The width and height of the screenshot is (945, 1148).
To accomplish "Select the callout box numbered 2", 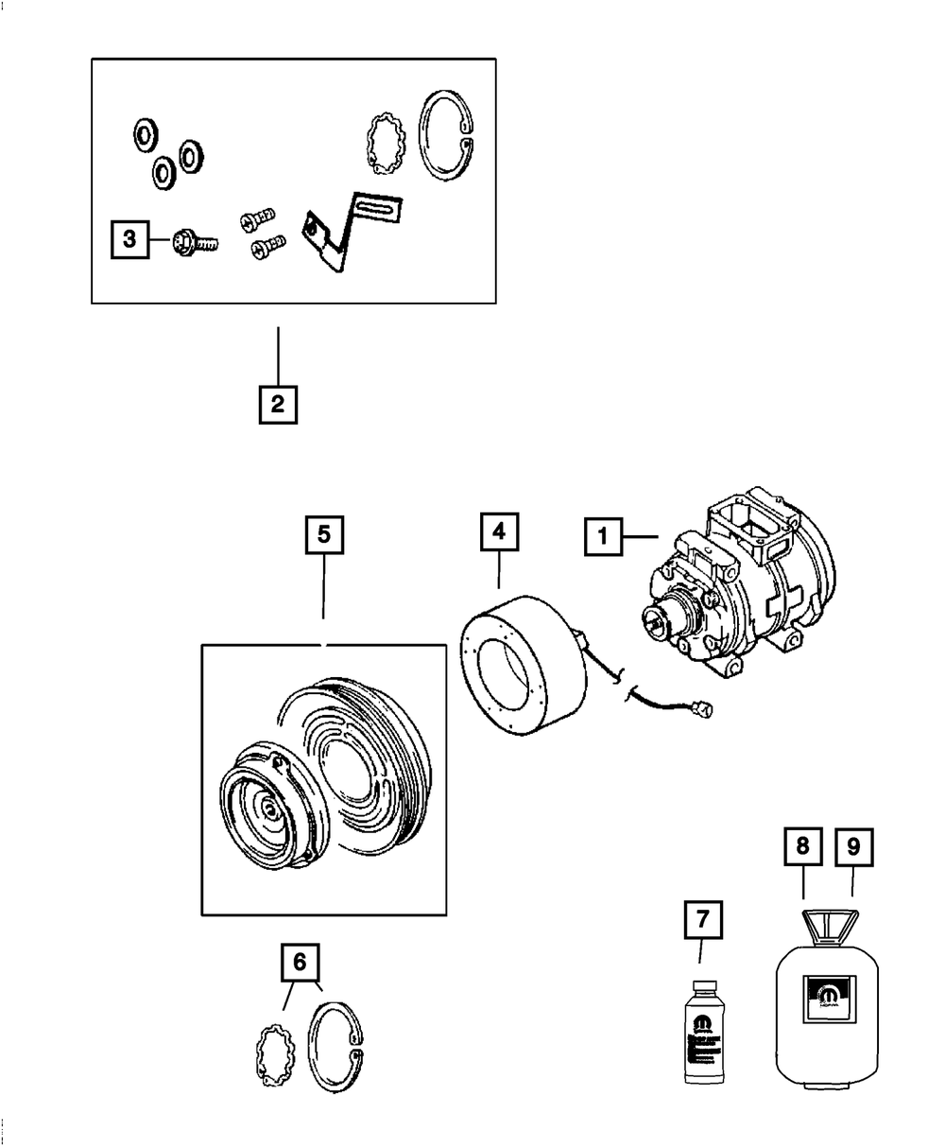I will coord(277,404).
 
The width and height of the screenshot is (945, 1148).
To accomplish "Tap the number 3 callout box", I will coord(130,240).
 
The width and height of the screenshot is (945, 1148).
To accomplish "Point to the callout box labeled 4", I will coord(498,531).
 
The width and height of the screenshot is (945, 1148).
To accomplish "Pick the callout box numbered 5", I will coord(323,535).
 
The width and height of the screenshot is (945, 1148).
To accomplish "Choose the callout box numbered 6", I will coord(300,962).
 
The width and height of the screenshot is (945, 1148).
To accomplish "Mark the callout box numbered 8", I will coord(802,847).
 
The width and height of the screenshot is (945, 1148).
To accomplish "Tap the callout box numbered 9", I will coord(853,847).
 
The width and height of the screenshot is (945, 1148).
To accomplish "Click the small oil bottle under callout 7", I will coord(701,1034).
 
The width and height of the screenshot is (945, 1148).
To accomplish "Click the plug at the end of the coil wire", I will coord(701,706).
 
